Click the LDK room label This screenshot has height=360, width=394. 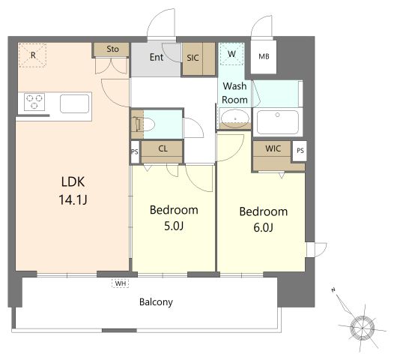tap(73, 181)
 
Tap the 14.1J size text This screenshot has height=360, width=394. tap(73, 200)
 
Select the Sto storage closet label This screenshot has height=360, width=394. tap(112, 49)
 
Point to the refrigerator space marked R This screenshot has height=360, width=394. tap(33, 55)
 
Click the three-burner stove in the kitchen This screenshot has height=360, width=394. tap(34, 102)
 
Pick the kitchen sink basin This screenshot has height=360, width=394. tap(75, 103)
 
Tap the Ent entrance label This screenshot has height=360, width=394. tap(157, 57)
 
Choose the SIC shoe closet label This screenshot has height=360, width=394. tap(193, 58)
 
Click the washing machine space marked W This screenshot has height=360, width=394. tap(231, 54)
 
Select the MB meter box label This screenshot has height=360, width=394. tap(264, 56)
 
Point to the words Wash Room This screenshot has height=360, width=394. tap(234, 93)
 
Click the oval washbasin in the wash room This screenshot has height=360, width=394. tap(235, 118)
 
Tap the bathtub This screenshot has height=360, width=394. tap(278, 122)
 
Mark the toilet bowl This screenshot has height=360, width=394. tap(148, 124)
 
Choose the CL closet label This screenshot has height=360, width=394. tap(163, 148)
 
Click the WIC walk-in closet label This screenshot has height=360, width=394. tap(273, 148)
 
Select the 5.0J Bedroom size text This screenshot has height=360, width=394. tap(174, 226)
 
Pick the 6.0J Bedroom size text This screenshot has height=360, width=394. tap(264, 228)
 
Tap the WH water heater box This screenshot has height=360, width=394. tap(121, 283)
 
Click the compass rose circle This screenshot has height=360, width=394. tap(362, 328)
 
